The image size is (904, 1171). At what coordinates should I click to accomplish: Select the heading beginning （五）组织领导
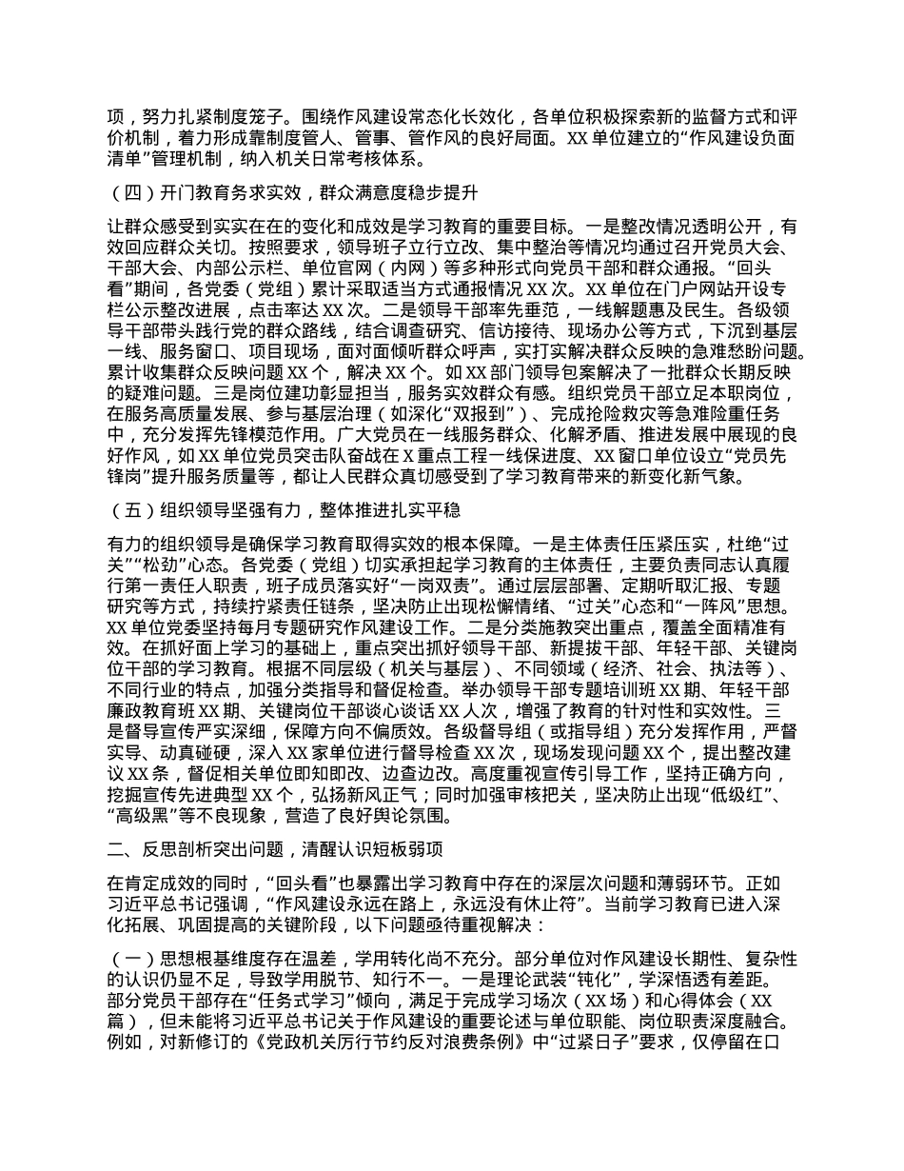(x=285, y=511)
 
